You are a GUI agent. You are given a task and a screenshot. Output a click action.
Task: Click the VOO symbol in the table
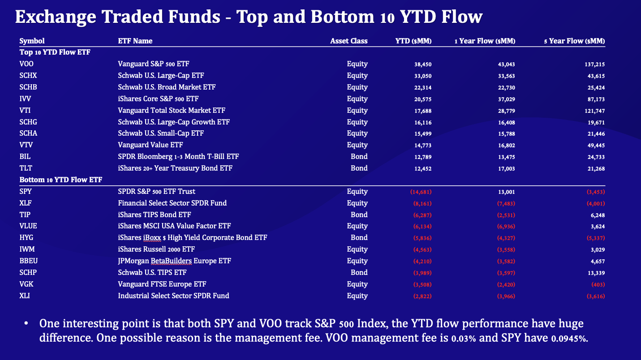point(26,64)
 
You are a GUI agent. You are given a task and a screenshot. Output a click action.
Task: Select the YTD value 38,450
point(423,64)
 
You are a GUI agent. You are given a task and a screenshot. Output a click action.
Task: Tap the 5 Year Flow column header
point(574,41)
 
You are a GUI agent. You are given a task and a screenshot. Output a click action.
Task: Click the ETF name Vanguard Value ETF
point(150,145)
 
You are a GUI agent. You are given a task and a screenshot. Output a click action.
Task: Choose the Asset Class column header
point(348,41)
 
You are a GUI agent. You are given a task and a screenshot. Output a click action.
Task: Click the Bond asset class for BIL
point(359,157)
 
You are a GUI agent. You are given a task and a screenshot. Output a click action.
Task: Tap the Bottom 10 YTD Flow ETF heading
point(60,180)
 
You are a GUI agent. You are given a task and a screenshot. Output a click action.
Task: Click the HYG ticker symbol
point(26,238)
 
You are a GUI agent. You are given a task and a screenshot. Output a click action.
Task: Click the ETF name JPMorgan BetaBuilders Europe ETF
point(174,261)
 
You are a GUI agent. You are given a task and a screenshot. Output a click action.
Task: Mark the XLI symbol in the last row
point(25,296)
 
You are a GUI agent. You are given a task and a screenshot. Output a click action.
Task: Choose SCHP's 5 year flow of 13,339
point(595,273)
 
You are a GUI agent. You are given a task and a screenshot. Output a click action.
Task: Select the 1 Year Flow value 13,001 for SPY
point(506,192)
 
